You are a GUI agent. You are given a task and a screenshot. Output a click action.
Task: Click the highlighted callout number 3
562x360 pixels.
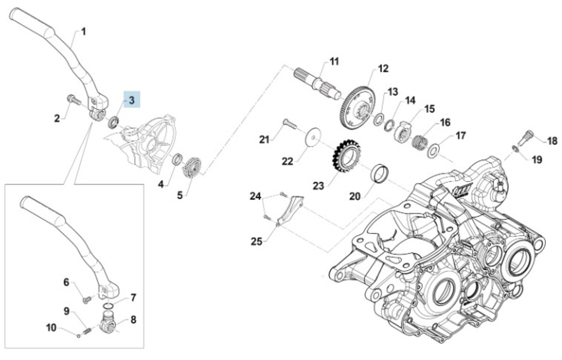(x=132, y=100)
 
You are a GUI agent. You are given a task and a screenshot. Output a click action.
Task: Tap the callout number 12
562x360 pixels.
(x=383, y=69)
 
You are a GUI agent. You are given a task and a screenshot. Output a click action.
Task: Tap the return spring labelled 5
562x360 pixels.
(x=192, y=167)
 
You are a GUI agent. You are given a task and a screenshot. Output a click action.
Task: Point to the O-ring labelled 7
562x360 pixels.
(x=109, y=307)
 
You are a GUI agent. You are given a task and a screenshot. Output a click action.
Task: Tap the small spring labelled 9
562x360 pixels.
(x=86, y=331)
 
